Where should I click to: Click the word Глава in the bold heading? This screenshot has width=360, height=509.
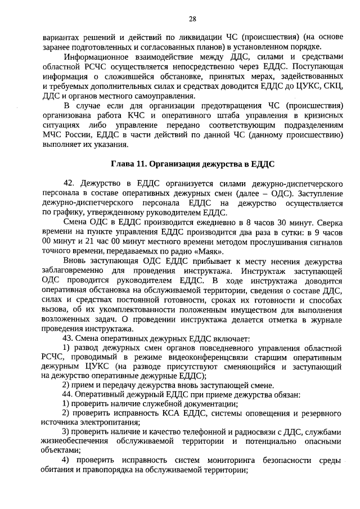pyautogui.click(x=121, y=164)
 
